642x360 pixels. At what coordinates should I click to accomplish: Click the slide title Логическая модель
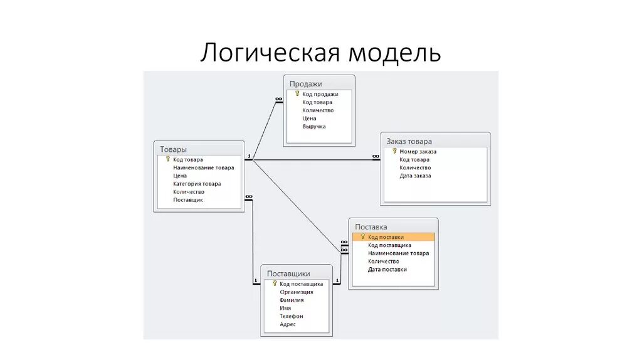320,53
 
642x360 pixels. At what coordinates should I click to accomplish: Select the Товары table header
173,149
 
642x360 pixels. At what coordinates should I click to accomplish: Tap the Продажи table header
306,83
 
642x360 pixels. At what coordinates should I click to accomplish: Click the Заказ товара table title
409,141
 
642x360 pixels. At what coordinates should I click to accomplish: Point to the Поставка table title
371,227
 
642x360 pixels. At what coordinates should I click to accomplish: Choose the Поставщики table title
288,273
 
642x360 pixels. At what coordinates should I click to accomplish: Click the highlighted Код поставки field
386,237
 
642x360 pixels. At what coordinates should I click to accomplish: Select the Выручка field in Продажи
314,127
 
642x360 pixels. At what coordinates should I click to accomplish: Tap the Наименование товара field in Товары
203,167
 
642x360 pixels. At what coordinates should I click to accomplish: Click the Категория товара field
197,184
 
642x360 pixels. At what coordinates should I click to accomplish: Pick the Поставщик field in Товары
188,200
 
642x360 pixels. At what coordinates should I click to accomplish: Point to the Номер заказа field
418,151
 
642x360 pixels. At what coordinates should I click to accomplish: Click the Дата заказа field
415,176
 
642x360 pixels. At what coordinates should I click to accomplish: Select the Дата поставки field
387,270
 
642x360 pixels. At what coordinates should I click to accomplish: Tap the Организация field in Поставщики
297,292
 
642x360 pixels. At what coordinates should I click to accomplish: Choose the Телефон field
292,316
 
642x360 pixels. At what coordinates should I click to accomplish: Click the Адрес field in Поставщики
288,324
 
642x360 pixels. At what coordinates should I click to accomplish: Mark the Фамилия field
292,300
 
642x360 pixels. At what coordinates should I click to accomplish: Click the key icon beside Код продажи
298,93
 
